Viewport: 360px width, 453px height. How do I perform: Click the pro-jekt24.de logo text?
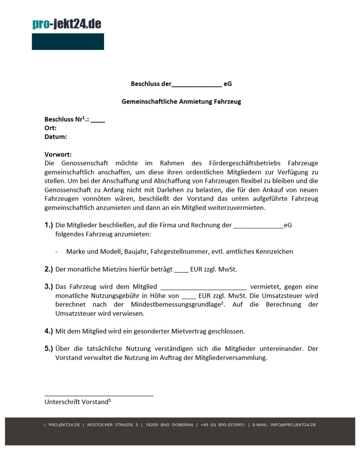(66, 24)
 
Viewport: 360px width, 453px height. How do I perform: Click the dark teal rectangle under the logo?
(68, 42)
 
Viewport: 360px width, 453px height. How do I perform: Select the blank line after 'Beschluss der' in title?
(197, 85)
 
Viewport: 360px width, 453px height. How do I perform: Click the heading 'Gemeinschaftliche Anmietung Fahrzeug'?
(181, 102)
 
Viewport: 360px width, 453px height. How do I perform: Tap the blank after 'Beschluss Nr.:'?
(98, 120)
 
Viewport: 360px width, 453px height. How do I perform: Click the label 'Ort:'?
(50, 128)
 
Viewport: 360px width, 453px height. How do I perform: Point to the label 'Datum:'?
(56, 137)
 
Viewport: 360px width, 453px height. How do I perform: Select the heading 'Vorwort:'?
(58, 154)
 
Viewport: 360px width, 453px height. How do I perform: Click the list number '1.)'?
(48, 225)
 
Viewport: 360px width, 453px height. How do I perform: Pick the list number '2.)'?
(48, 269)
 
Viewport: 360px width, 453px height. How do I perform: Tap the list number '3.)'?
(48, 287)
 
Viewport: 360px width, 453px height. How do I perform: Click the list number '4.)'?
(48, 331)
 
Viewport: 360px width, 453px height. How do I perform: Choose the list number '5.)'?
(48, 349)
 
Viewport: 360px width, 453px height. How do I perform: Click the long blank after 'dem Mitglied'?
(204, 287)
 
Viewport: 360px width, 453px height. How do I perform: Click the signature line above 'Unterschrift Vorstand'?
(99, 395)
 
